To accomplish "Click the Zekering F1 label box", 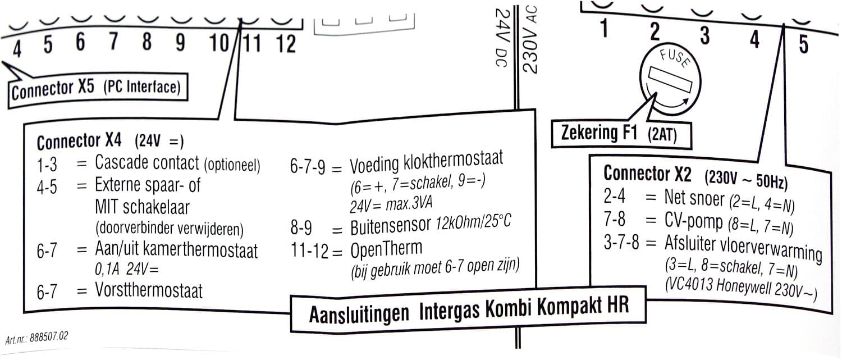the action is [621, 134].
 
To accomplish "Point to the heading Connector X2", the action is [647, 174].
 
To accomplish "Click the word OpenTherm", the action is [386, 249].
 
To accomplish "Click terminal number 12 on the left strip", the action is [286, 44].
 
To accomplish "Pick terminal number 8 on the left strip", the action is [147, 41].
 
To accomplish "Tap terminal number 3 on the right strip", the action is [705, 36].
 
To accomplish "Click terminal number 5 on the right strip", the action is [803, 44].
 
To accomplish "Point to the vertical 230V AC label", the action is [531, 39].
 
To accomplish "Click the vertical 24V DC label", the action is [502, 38].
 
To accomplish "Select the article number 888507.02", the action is [49, 336].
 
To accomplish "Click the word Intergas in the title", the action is [449, 311].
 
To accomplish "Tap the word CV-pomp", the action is [693, 221].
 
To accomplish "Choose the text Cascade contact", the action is [147, 162].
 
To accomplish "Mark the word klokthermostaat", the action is [453, 161].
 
